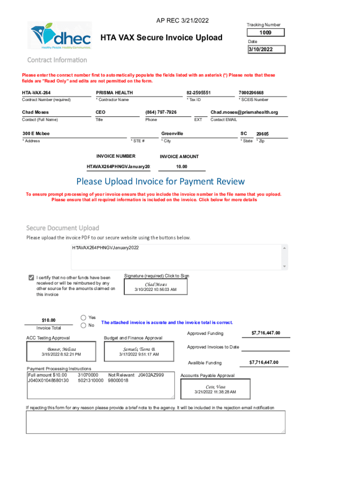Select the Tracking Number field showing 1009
pyautogui.click(x=266, y=33)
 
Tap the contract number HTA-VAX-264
pyautogui.click(x=36, y=93)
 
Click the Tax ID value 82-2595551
pyautogui.click(x=199, y=93)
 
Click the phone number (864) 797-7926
pyautogui.click(x=161, y=112)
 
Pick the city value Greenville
pyautogui.click(x=173, y=134)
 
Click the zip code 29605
pyautogui.click(x=262, y=134)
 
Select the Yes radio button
pyautogui.click(x=84, y=317)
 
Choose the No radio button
pyautogui.click(x=84, y=325)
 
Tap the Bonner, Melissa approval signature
pyautogui.click(x=61, y=352)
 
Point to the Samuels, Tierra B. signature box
pyautogui.click(x=139, y=352)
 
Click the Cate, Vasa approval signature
pyautogui.click(x=216, y=389)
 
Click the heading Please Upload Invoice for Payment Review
pyautogui.click(x=160, y=181)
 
